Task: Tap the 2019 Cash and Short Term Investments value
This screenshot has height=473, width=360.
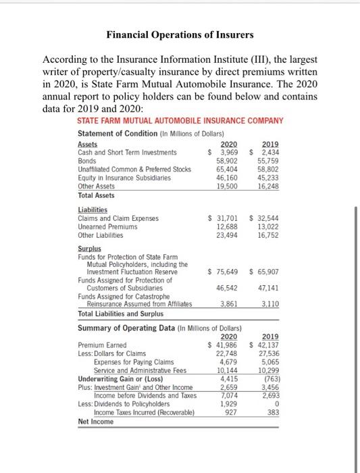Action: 266,152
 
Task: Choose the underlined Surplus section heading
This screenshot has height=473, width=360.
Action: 90,249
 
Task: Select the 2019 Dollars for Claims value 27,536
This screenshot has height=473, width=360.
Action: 269,354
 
